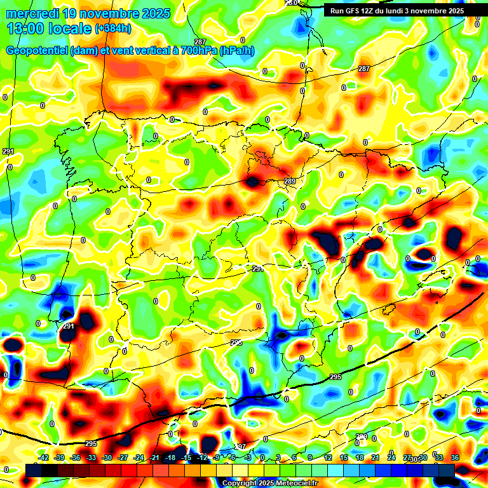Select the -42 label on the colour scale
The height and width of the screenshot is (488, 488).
coord(43,457)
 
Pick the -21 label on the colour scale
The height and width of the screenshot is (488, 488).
coord(154,457)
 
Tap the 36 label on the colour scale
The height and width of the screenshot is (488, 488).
coord(455,457)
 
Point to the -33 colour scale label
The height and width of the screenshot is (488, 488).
coord(91,457)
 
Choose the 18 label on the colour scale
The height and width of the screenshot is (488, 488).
coord(359,457)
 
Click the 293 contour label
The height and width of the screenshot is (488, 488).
coord(236,342)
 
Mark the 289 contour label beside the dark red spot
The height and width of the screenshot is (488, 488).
coord(290,182)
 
